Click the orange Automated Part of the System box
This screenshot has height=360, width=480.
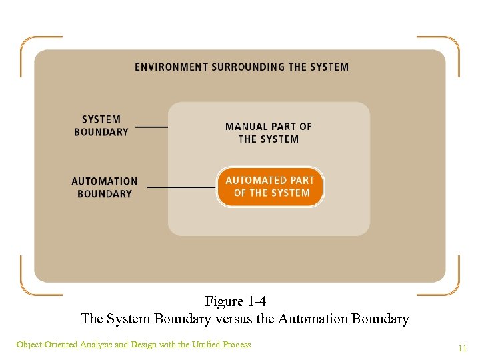(270, 187)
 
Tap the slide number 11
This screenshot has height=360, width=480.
(462, 348)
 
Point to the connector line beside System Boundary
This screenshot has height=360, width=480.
(151, 126)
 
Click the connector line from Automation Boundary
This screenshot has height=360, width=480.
(181, 187)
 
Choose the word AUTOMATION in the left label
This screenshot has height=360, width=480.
(105, 181)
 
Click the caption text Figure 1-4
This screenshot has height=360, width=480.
(236, 301)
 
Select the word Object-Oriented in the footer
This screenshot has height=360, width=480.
(46, 345)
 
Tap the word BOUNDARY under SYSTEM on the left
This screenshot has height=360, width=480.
(101, 132)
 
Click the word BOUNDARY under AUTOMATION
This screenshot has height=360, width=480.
(105, 194)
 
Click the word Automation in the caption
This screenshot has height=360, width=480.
(309, 319)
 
